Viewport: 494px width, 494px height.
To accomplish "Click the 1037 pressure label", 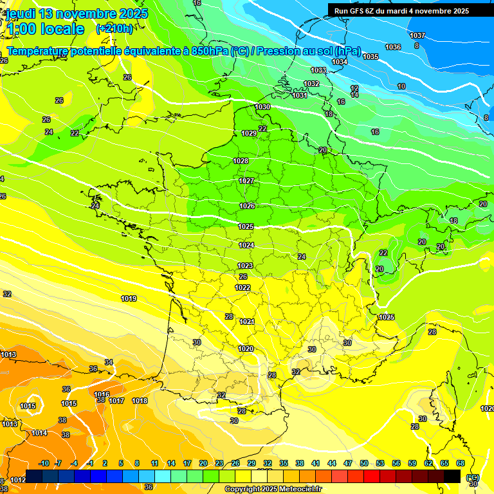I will (x=417, y=35).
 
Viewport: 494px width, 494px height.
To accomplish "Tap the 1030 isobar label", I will (x=262, y=107).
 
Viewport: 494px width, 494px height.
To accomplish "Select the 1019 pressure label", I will (x=129, y=298).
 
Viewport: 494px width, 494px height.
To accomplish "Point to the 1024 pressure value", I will (x=246, y=245).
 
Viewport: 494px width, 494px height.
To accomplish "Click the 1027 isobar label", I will (x=246, y=181).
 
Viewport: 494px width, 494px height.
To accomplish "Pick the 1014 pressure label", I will (x=39, y=433).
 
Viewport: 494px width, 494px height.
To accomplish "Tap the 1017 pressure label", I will (x=116, y=401).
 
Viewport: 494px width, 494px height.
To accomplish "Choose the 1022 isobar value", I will (x=243, y=288).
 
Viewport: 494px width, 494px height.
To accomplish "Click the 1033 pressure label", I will (x=318, y=70).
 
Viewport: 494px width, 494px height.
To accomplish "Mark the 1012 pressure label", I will (x=18, y=479).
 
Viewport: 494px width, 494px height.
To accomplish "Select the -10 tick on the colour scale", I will (x=44, y=463).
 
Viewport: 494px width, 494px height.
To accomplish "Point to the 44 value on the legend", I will (x=332, y=463).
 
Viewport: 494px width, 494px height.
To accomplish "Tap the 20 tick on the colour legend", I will (x=203, y=463).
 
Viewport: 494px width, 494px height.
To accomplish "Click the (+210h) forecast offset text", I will (x=114, y=28).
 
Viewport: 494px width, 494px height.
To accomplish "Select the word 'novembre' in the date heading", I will (x=88, y=14).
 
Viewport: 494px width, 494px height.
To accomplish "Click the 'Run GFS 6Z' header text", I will (x=358, y=11).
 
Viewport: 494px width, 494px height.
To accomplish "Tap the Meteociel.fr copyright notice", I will (x=273, y=489).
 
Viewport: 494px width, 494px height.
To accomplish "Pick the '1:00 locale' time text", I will (x=45, y=29).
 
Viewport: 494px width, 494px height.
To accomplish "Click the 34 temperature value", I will (x=109, y=362).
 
